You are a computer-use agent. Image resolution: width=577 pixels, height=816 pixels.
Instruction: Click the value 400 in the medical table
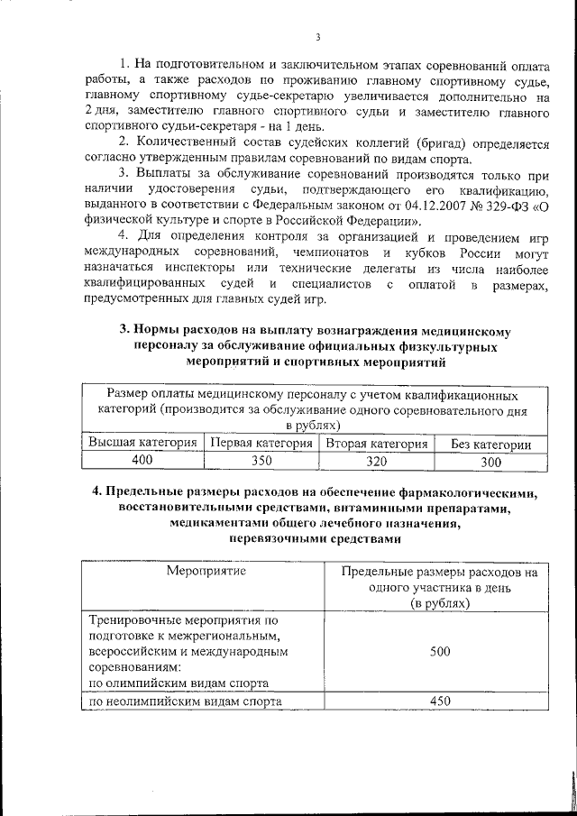(142, 461)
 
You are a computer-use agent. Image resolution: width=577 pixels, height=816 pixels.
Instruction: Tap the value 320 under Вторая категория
(377, 461)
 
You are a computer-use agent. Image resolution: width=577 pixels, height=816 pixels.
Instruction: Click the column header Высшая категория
(142, 444)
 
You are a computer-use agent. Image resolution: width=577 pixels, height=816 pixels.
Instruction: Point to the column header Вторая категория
(377, 444)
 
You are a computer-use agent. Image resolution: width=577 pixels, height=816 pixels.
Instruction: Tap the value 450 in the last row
(440, 701)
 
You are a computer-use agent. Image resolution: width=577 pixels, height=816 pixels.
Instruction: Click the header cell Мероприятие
(205, 571)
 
